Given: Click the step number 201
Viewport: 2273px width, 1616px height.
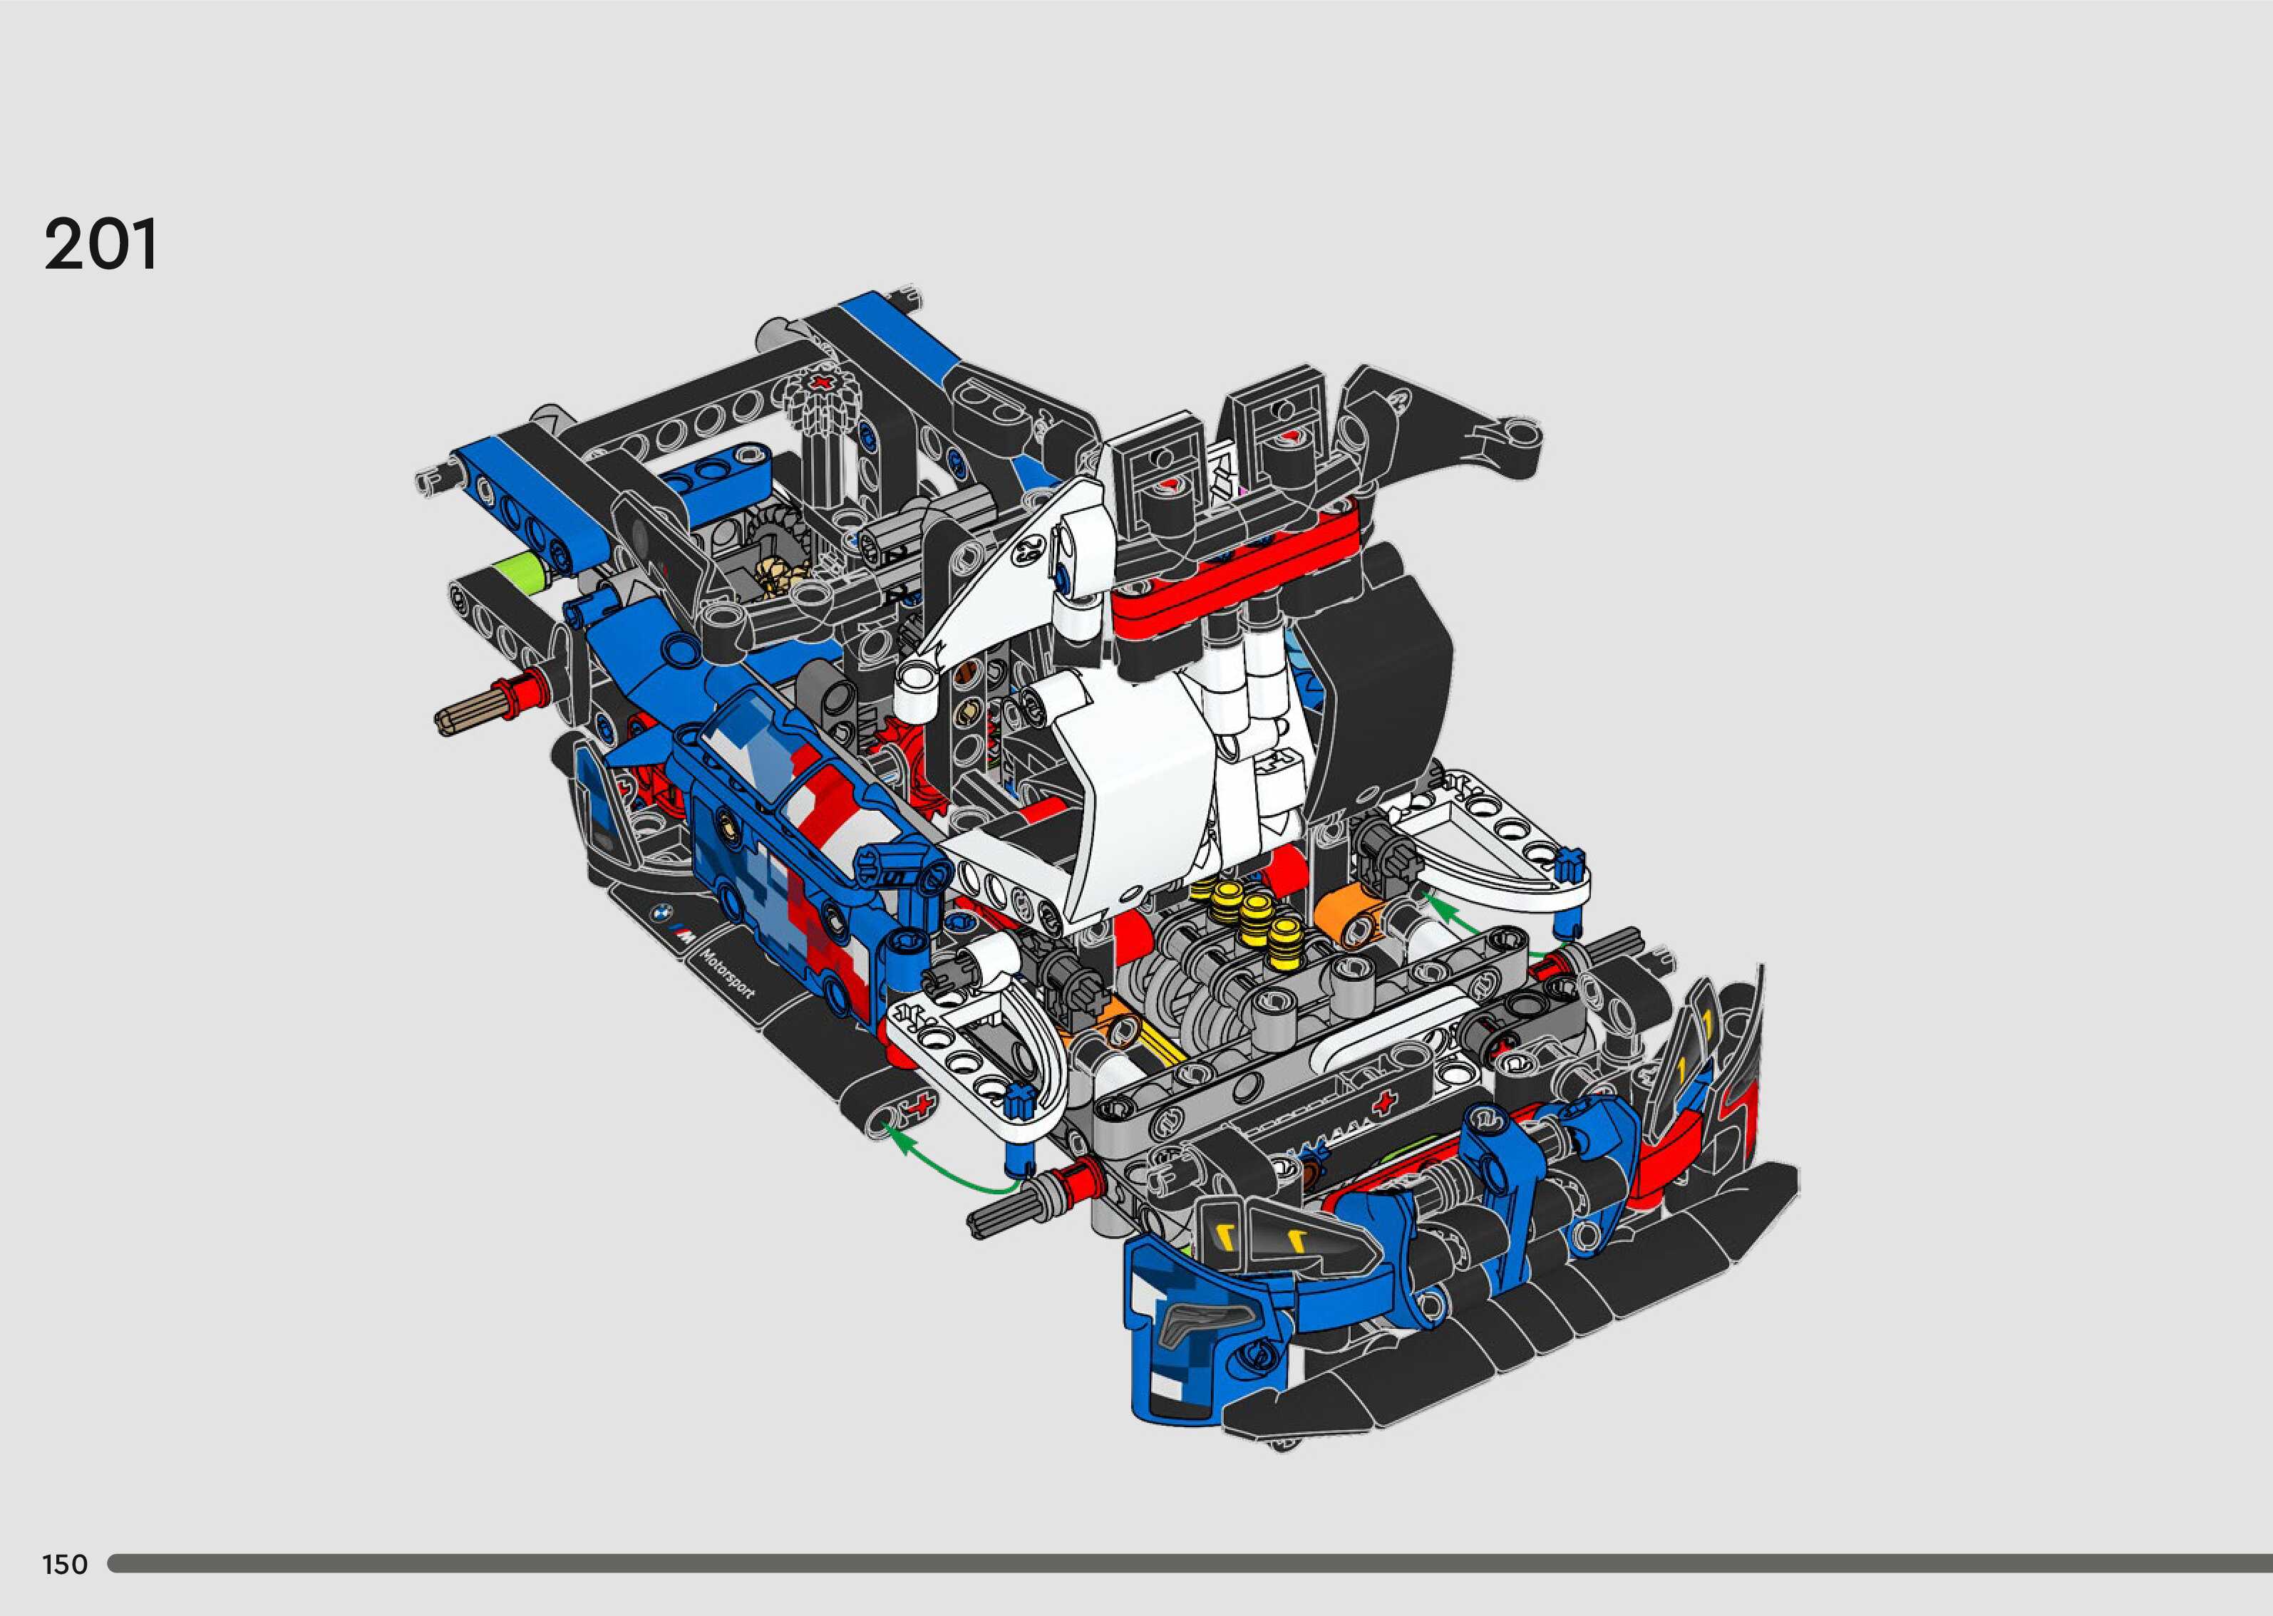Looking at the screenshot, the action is point(100,245).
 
